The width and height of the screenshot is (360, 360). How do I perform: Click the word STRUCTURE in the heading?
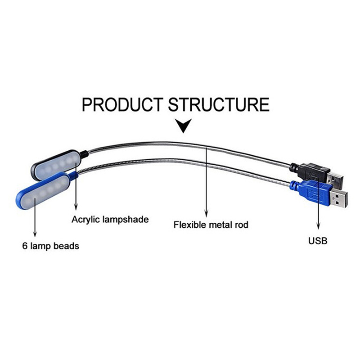pyautogui.click(x=219, y=104)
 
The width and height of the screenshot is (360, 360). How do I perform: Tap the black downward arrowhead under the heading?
pyautogui.click(x=183, y=126)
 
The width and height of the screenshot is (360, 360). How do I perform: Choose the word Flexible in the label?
pyautogui.click(x=189, y=224)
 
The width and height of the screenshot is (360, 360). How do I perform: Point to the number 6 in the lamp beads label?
pyautogui.click(x=23, y=246)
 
